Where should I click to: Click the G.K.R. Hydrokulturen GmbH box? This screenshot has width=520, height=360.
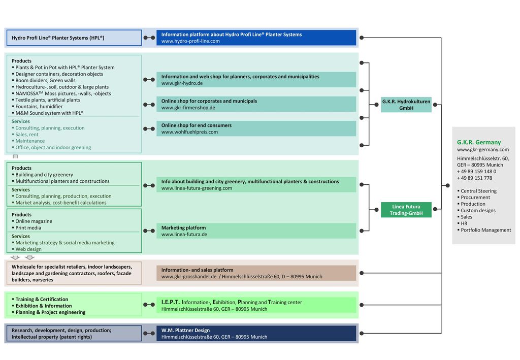(406, 105)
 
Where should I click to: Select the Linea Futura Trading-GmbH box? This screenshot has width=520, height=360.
(406, 210)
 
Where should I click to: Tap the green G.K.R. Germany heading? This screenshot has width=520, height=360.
(478, 142)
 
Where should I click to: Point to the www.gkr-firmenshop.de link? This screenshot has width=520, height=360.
(188, 108)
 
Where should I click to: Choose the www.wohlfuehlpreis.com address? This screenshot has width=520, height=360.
(189, 132)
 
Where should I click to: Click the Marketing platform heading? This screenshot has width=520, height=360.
(183, 228)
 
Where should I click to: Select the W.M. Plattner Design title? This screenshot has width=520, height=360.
(185, 330)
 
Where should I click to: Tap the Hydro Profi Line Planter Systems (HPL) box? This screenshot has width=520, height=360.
(74, 38)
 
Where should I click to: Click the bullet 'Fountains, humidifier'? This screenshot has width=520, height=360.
(39, 107)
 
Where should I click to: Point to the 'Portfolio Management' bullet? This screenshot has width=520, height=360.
(485, 230)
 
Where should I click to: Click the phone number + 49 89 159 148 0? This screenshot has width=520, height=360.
(476, 172)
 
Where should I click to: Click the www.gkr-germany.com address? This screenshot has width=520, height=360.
(483, 149)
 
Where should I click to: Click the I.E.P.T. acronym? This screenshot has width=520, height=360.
(170, 302)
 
